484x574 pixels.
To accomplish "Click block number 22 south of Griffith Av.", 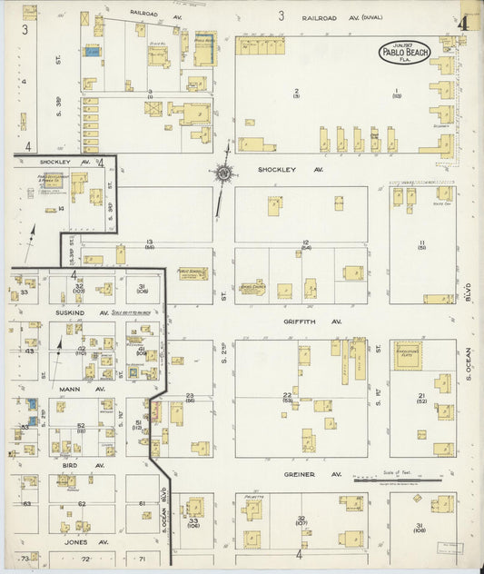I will click(288, 395).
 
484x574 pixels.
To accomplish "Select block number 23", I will click(190, 396).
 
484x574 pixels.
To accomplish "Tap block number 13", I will click(149, 242).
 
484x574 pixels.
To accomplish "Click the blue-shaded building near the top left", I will click(92, 52).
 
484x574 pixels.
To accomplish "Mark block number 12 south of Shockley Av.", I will click(306, 242).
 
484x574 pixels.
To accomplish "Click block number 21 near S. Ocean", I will click(421, 395).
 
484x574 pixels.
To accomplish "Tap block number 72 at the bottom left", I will click(87, 559).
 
